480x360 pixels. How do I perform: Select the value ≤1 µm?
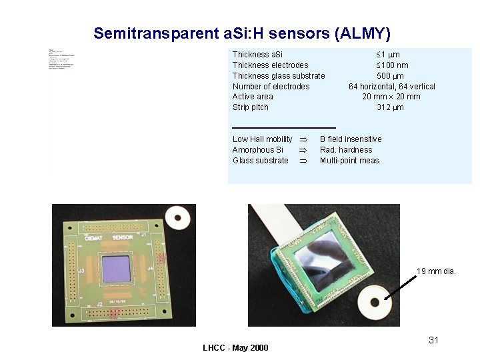(388, 54)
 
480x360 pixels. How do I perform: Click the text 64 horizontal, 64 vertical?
(392, 86)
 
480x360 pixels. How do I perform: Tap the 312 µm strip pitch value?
(390, 107)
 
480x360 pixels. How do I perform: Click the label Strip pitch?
(251, 107)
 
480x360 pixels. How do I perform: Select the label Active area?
(253, 97)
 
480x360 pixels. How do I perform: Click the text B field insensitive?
(351, 139)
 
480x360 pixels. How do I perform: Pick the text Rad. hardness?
(346, 150)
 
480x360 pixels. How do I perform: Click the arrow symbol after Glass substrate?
(302, 161)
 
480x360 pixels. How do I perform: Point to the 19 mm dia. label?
(436, 271)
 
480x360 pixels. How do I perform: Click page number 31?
(433, 340)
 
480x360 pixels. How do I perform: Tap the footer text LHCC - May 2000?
(235, 348)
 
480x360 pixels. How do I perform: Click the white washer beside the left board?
(178, 216)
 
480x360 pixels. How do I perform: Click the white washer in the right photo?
(374, 303)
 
